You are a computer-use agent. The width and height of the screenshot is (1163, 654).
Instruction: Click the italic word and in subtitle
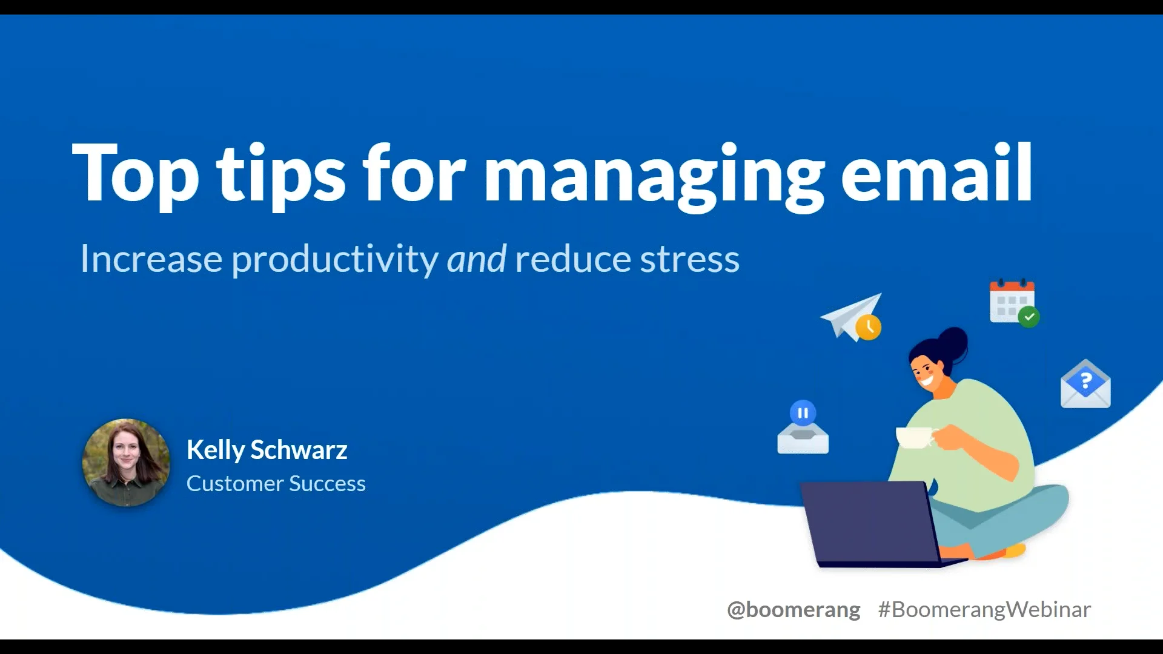[x=476, y=259]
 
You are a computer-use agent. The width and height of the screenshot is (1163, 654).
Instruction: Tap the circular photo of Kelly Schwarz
[x=126, y=463]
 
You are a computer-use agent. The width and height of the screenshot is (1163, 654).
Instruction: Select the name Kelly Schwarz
[x=267, y=450]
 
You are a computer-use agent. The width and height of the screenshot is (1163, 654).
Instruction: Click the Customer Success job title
[x=276, y=484]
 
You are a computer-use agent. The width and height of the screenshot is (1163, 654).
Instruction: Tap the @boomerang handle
[x=793, y=609]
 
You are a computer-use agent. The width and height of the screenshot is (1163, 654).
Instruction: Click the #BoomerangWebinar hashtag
[x=984, y=609]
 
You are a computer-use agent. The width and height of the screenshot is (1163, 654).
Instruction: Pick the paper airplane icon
[x=848, y=315]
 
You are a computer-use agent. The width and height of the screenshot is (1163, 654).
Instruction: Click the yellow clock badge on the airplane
[x=869, y=327]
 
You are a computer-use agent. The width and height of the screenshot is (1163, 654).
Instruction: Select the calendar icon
[x=1010, y=301]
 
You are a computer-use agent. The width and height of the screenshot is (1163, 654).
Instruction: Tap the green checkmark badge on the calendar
[x=1029, y=317]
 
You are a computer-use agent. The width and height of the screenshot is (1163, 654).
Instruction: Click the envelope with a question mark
[x=1085, y=385]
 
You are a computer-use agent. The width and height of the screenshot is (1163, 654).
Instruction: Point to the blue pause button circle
[x=803, y=413]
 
